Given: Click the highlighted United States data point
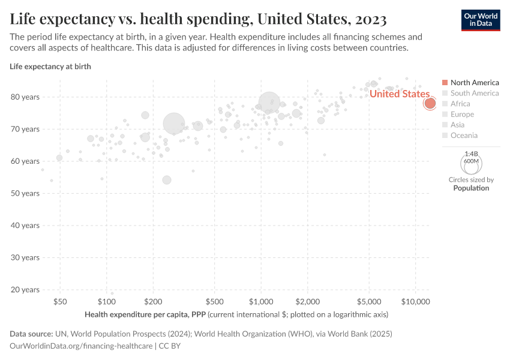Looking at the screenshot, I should point(430,103).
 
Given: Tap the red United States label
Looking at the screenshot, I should point(399,94).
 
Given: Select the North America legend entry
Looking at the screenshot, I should point(474,82).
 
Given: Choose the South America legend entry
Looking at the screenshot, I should point(474,93).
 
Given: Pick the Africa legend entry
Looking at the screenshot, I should point(460,104).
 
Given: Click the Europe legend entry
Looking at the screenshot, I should point(462,114).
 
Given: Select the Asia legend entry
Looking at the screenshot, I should point(457,125).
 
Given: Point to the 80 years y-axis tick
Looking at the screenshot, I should point(26,97).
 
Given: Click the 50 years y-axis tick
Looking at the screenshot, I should point(26,193).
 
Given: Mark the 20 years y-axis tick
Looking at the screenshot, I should point(26,290).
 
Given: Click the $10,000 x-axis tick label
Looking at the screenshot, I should point(416,301).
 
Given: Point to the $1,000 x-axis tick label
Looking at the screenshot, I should point(261,301).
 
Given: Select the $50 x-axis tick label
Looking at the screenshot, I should point(60,301).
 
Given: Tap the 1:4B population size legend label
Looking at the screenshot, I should point(471,154).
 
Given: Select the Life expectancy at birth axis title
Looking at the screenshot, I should point(50,66).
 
